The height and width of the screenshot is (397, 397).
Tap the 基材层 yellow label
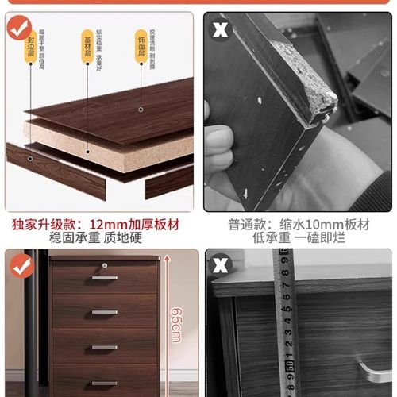(x=87, y=41)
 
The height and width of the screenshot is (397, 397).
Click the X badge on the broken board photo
(x=220, y=30)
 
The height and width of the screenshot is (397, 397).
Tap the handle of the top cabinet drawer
(x=104, y=278)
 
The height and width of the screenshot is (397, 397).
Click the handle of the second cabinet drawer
(x=104, y=312)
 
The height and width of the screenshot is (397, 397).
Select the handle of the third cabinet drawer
(x=104, y=347)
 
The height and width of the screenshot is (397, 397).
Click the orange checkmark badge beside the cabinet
(x=19, y=266)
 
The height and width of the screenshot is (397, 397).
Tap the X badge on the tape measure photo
(x=220, y=266)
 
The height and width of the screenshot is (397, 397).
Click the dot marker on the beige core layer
(x=141, y=111)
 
